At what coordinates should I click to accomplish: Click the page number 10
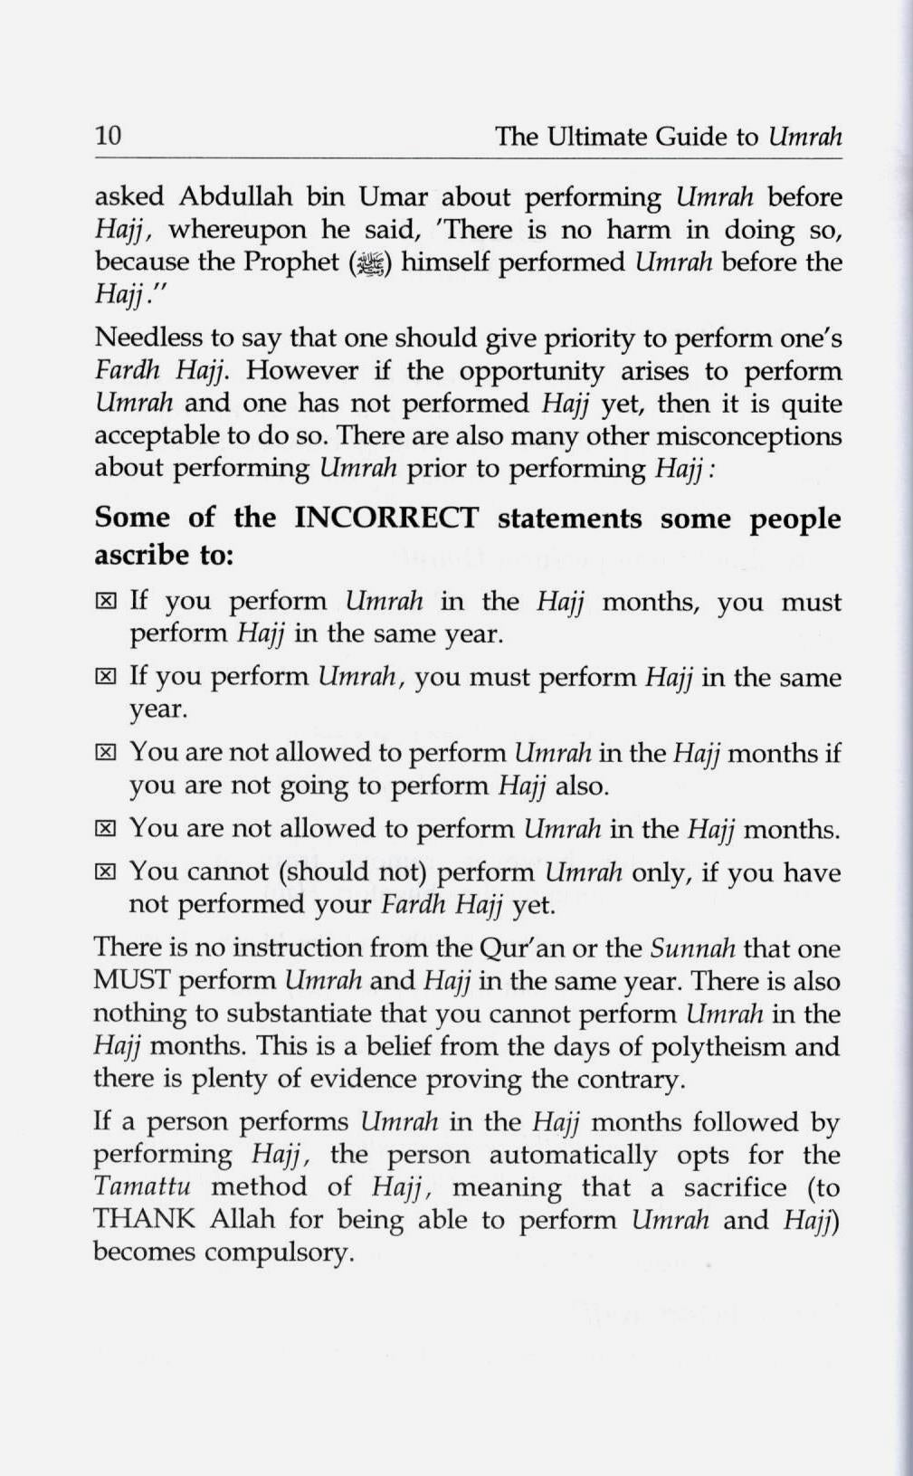108,136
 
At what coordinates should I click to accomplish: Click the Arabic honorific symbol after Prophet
371,263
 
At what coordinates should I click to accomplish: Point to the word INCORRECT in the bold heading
386,519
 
